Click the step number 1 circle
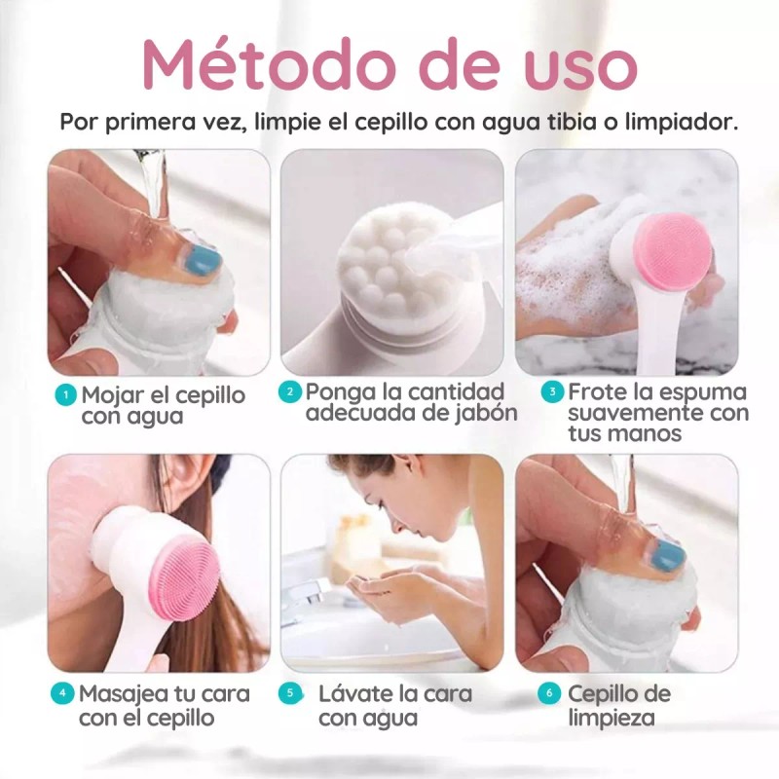click(65, 395)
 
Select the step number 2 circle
click(288, 392)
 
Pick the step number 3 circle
click(552, 392)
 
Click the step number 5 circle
click(290, 694)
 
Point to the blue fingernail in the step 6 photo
click(668, 556)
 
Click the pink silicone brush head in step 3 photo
click(672, 252)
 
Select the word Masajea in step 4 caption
click(123, 694)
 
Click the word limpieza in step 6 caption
click(612, 719)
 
